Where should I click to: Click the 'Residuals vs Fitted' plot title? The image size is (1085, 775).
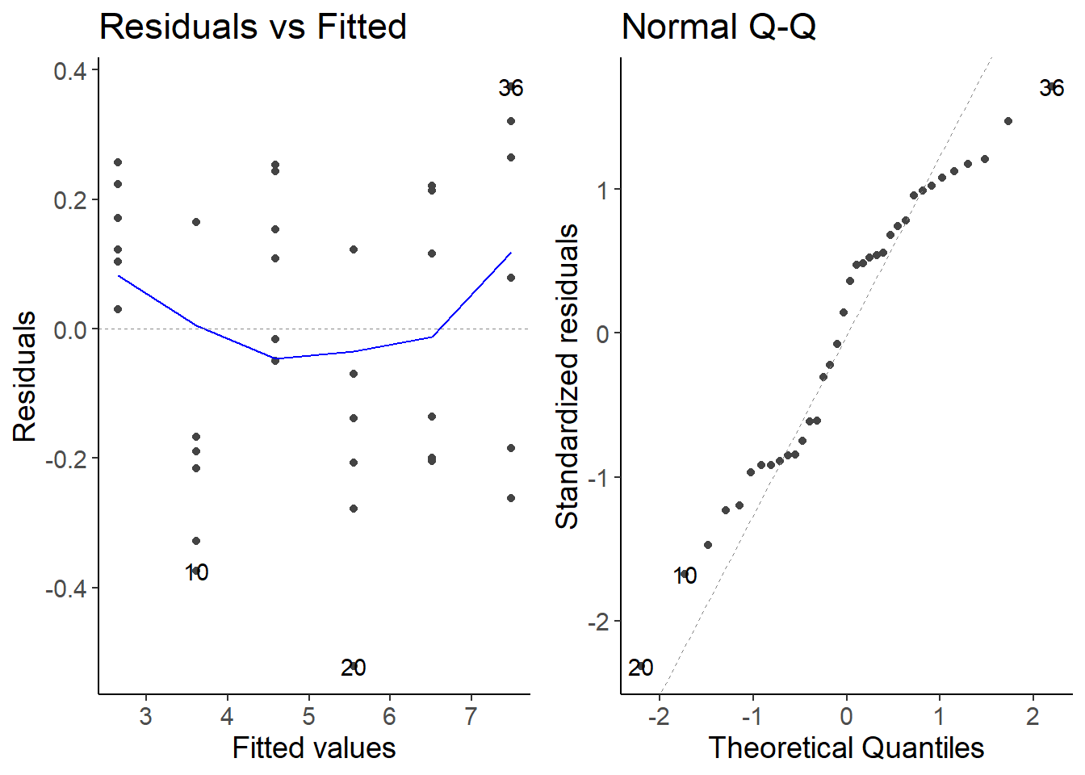[x=253, y=27]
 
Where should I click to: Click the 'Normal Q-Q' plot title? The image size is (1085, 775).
[x=718, y=27]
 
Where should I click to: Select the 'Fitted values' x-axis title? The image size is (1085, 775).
[x=314, y=748]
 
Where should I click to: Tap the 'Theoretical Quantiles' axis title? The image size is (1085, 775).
[x=846, y=748]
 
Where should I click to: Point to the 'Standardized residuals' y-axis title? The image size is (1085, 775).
[x=568, y=376]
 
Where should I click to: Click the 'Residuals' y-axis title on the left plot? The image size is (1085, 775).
[x=25, y=376]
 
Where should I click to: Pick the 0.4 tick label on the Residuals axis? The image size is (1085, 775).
[x=70, y=71]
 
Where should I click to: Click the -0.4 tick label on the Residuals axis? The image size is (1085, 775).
[x=66, y=589]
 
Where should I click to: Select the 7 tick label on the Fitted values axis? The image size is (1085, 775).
[x=471, y=717]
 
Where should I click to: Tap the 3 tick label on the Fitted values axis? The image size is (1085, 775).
[x=145, y=717]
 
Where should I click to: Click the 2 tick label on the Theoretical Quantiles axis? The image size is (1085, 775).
[x=1033, y=717]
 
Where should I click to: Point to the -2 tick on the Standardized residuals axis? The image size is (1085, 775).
[x=597, y=622]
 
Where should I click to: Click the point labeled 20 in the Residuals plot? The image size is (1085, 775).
[x=354, y=666]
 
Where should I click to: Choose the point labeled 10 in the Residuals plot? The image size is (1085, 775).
[x=196, y=571]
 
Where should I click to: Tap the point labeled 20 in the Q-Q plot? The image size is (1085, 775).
[x=641, y=667]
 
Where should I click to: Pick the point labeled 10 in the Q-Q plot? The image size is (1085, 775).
[x=685, y=574]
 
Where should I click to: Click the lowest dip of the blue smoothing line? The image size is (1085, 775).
[x=275, y=358]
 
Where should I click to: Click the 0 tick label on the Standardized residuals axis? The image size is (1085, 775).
[x=602, y=334]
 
